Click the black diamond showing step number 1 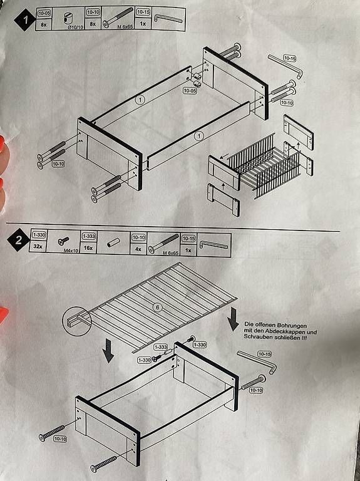(x=25, y=19)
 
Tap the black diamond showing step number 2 (x=18, y=240)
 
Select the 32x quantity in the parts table (x=38, y=246)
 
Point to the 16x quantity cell (x=88, y=247)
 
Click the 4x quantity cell (x=138, y=249)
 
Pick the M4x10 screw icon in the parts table (x=63, y=240)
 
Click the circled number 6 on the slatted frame (x=157, y=308)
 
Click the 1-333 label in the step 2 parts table (x=88, y=236)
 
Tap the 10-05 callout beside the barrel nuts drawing (x=190, y=90)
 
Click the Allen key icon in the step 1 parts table (x=168, y=18)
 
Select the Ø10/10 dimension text (x=76, y=27)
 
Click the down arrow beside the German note (x=234, y=319)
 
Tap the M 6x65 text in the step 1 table (x=125, y=27)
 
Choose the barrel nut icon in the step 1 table (x=68, y=18)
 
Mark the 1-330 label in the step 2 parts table (x=39, y=235)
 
